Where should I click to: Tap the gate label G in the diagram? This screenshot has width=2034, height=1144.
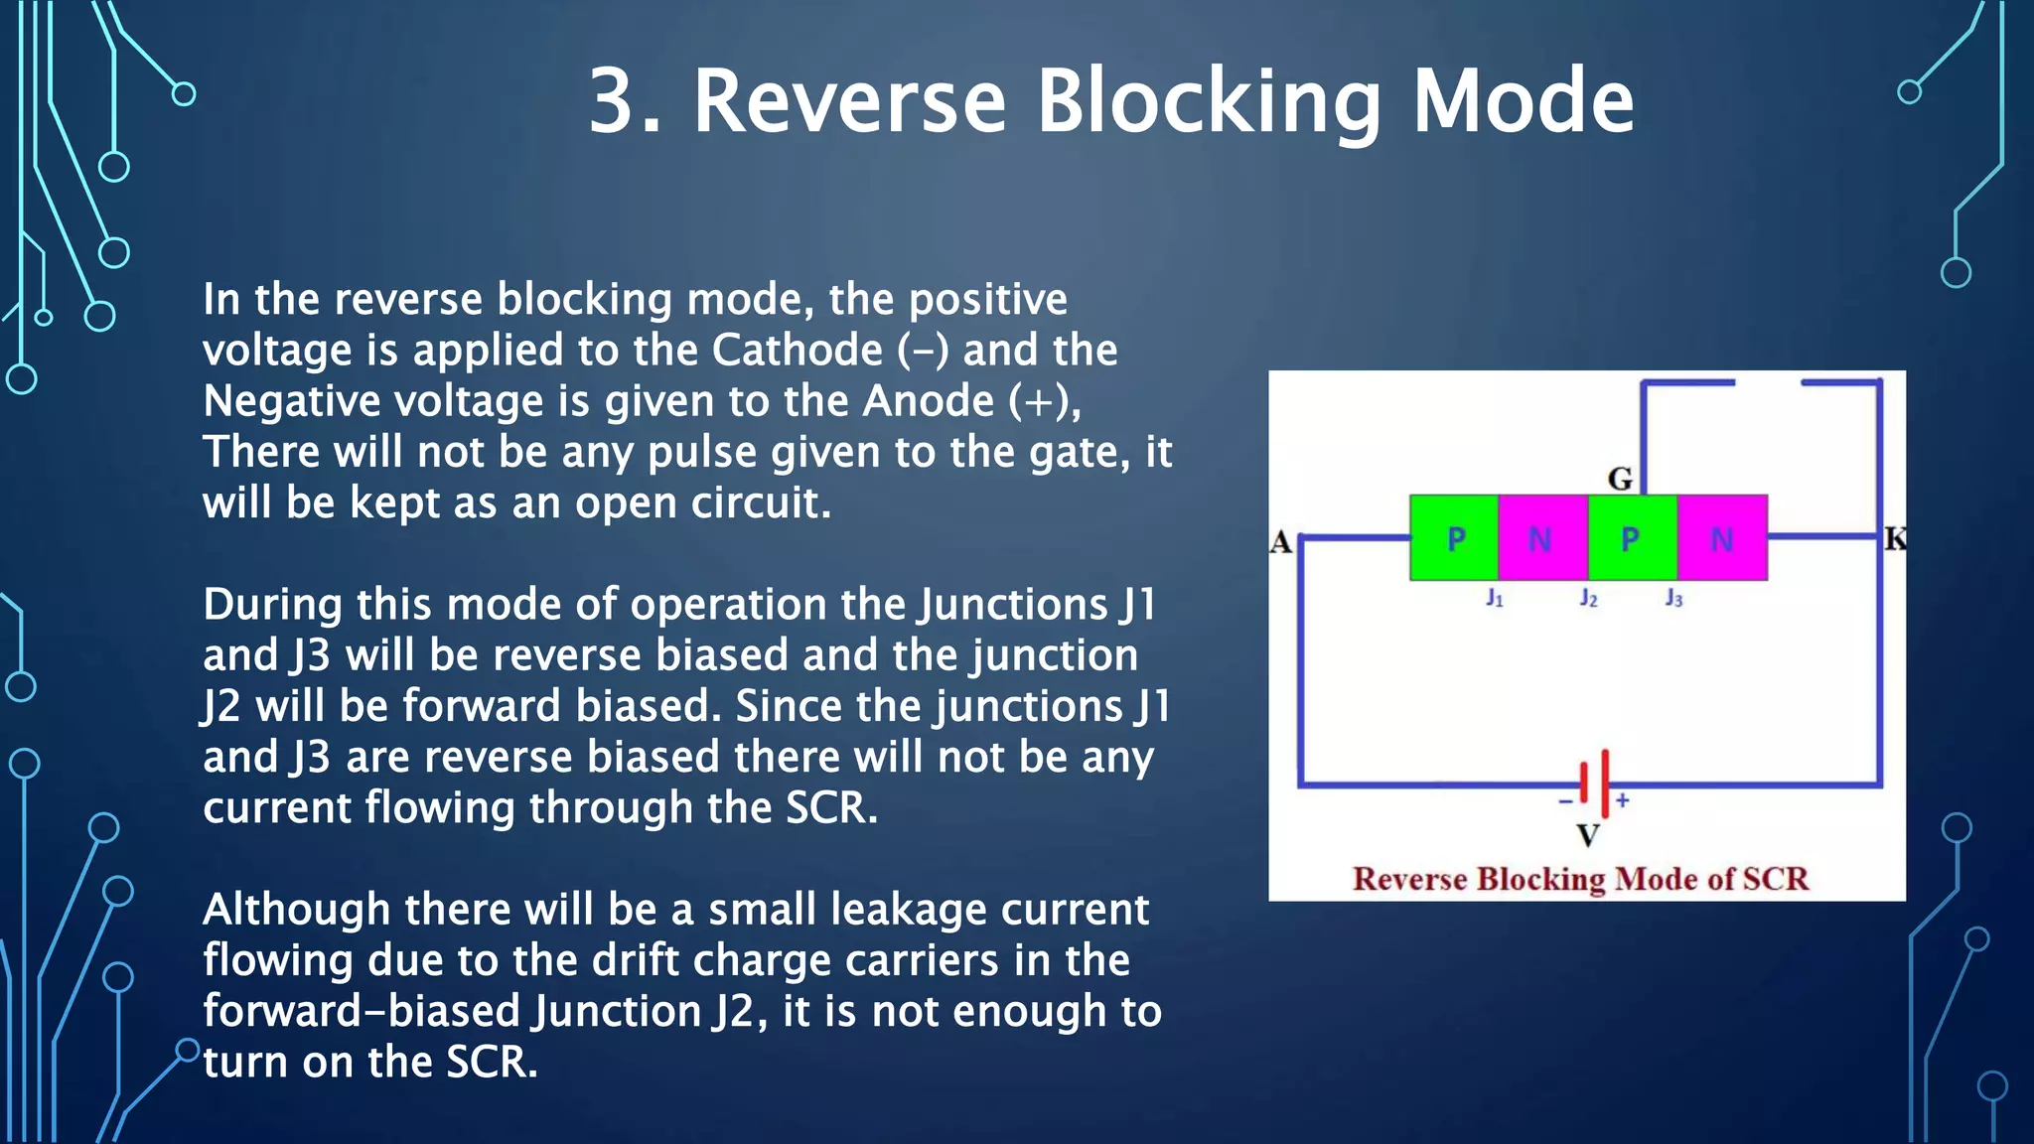click(1620, 479)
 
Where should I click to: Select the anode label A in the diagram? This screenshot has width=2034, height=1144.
click(1280, 542)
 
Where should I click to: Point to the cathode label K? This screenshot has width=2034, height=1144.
click(1895, 539)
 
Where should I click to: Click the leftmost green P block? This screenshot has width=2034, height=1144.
click(1455, 538)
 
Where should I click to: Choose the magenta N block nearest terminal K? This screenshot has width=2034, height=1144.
click(1722, 538)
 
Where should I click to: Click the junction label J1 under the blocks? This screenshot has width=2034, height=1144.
click(1495, 598)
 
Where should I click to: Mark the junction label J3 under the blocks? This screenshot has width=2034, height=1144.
click(1674, 598)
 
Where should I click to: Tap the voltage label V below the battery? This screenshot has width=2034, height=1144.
click(1588, 835)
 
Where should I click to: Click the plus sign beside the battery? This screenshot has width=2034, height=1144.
click(1623, 799)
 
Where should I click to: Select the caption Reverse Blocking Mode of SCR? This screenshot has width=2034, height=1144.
click(1580, 879)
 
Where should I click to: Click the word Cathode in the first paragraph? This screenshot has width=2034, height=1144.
click(797, 350)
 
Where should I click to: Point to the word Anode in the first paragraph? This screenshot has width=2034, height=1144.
click(928, 401)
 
